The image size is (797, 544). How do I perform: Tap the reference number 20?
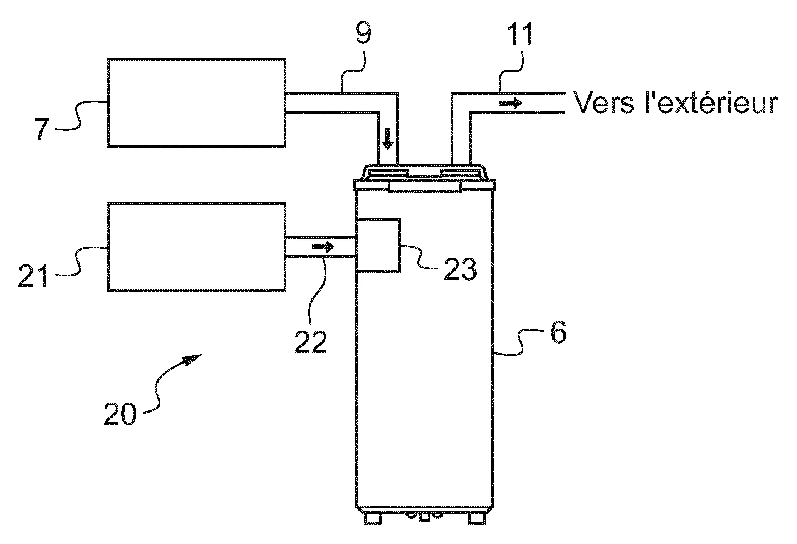120,414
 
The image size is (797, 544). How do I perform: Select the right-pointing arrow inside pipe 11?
510,103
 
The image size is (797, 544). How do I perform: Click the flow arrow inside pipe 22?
323,246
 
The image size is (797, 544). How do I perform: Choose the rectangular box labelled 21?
196,247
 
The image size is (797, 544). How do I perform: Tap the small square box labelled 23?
378,245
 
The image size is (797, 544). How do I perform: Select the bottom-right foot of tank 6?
477,518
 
